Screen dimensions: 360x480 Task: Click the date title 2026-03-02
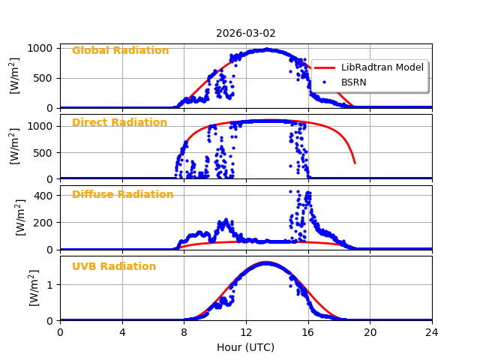pyautogui.click(x=246, y=34)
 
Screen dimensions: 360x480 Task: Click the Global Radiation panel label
pyautogui.click(x=120, y=51)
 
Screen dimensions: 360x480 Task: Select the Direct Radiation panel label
pyautogui.click(x=119, y=123)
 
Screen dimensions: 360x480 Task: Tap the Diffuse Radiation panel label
pyautogui.click(x=122, y=195)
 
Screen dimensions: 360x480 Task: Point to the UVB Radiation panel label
pyautogui.click(x=114, y=267)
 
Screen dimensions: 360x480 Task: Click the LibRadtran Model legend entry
pyautogui.click(x=382, y=67)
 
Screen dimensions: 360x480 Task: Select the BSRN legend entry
pyautogui.click(x=353, y=82)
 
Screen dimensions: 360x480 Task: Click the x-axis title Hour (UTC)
pyautogui.click(x=246, y=347)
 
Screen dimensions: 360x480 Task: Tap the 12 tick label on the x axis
pyautogui.click(x=246, y=333)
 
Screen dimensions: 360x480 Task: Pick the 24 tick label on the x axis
pyautogui.click(x=432, y=333)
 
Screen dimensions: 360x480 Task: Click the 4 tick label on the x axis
pyautogui.click(x=122, y=333)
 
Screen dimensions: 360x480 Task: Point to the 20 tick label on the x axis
pyautogui.click(x=370, y=333)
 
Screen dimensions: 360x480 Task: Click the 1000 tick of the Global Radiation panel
pyautogui.click(x=39, y=48)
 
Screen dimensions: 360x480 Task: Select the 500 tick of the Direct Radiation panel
pyautogui.click(x=43, y=152)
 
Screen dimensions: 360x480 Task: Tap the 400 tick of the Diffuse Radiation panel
pyautogui.click(x=43, y=196)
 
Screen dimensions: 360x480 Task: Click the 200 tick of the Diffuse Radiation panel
pyautogui.click(x=43, y=223)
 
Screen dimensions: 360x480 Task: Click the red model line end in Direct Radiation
pyautogui.click(x=355, y=163)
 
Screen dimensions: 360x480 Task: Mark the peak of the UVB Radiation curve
pyautogui.click(x=266, y=262)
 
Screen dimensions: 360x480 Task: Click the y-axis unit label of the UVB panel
pyautogui.click(x=34, y=288)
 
